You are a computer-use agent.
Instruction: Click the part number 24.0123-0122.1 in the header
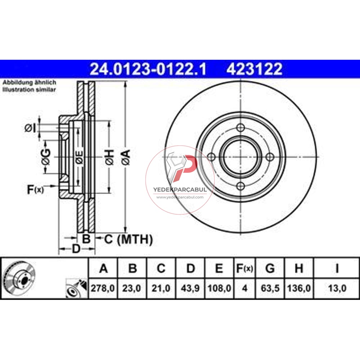(x=148, y=69)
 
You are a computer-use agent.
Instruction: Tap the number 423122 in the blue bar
(x=254, y=69)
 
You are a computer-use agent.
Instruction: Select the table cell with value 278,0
(x=103, y=288)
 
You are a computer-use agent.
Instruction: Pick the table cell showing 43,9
(x=190, y=288)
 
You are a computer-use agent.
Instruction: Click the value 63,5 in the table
(x=270, y=288)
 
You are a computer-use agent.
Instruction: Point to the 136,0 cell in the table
(x=299, y=288)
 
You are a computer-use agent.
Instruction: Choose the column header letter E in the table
(x=219, y=269)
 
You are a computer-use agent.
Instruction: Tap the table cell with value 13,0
(x=337, y=288)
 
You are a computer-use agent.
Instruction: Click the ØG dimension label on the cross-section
(x=46, y=157)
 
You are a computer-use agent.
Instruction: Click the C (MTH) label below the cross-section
(x=129, y=239)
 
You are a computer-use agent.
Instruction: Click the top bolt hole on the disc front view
(x=241, y=128)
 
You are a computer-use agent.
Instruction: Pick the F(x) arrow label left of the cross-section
(x=35, y=189)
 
